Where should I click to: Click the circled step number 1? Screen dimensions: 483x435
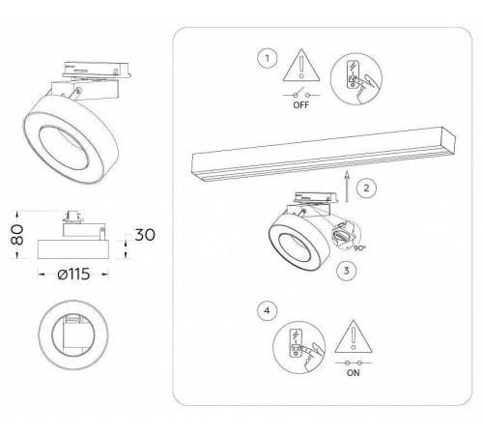[267, 58]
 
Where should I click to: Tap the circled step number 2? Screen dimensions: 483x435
[366, 188]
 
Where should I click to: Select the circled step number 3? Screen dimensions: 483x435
[346, 270]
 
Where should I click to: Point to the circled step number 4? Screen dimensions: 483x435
[267, 310]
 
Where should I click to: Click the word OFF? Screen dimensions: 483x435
[301, 105]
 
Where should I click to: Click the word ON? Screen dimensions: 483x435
[354, 373]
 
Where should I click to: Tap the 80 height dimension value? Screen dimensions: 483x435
[17, 235]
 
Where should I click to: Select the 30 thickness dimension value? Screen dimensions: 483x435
[145, 235]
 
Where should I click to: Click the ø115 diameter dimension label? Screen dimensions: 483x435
[73, 275]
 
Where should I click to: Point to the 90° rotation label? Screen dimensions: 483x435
[359, 247]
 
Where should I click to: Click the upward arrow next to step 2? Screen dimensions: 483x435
[347, 187]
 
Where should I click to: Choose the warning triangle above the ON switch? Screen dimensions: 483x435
[354, 336]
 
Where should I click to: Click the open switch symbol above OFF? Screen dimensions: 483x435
[301, 94]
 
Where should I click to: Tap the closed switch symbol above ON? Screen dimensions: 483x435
[354, 362]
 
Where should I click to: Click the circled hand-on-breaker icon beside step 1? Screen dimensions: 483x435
[356, 78]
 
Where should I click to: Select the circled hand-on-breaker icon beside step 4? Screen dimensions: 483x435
[299, 347]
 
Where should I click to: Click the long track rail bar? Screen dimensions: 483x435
[324, 154]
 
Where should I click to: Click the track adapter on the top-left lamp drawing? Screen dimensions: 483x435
[97, 70]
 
